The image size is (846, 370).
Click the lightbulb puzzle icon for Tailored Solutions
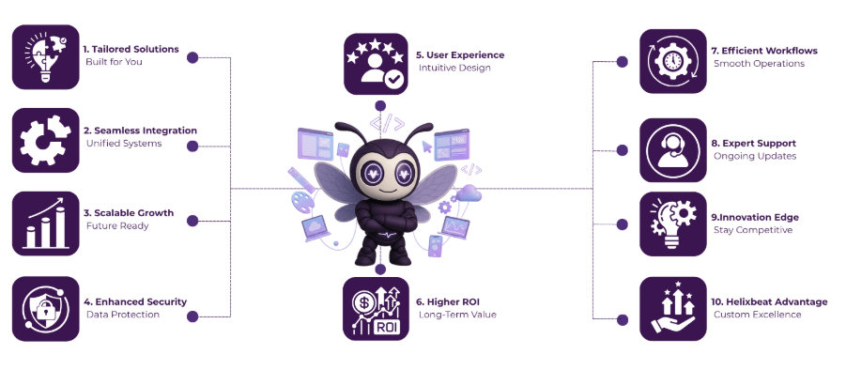(45, 56)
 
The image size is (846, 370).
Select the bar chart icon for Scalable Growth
(45, 224)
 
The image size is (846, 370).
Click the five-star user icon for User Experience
(377, 63)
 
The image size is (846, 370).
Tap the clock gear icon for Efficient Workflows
(672, 62)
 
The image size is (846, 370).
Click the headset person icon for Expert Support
(672, 149)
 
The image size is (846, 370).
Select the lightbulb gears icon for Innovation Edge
(672, 224)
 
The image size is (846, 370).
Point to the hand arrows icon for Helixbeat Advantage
(672, 308)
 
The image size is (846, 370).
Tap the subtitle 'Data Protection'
(122, 315)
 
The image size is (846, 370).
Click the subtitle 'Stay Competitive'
(752, 230)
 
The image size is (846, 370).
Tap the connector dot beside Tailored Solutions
(192, 57)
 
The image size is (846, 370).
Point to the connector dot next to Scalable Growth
(193, 221)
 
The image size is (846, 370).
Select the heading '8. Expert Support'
(753, 143)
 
